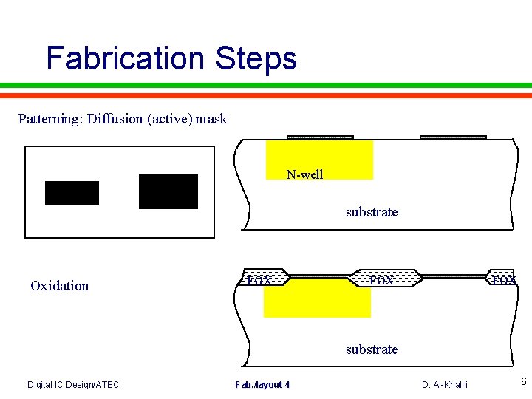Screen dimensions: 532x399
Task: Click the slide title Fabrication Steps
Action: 171,58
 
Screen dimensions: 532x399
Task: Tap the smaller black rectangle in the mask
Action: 72,192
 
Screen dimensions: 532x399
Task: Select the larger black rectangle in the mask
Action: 168,191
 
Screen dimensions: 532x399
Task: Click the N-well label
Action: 304,175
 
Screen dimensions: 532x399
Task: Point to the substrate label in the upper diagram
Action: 372,212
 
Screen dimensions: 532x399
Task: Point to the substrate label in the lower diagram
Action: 372,349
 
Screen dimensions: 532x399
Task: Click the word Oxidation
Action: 59,286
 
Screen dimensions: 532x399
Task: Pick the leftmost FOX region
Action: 259,279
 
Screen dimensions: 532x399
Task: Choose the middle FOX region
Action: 382,279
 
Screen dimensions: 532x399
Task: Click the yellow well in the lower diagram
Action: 316,301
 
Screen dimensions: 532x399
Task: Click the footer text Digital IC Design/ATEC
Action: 73,384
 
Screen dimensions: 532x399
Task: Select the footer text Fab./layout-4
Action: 262,384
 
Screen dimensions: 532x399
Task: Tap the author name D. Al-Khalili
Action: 444,384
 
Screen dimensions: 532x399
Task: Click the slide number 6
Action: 523,382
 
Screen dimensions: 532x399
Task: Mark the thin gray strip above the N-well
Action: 320,137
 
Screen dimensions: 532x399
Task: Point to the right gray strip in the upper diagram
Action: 453,137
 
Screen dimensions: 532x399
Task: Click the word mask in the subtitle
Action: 211,118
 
